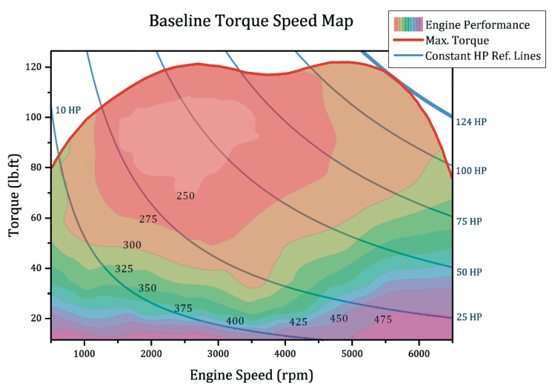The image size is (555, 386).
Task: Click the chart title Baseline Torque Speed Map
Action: [x=250, y=20]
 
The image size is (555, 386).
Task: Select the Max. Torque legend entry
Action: [x=457, y=40]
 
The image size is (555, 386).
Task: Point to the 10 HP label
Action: [x=67, y=110]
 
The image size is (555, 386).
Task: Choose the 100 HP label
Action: [x=471, y=171]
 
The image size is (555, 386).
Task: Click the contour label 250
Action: [x=185, y=196]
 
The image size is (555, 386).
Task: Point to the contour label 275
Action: [x=148, y=219]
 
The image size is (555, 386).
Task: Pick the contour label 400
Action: [x=235, y=321]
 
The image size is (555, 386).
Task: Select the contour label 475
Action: [x=382, y=319]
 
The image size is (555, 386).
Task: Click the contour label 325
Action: [x=124, y=268]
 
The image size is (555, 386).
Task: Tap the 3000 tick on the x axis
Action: [x=218, y=352]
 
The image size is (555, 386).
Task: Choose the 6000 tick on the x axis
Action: [x=419, y=352]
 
